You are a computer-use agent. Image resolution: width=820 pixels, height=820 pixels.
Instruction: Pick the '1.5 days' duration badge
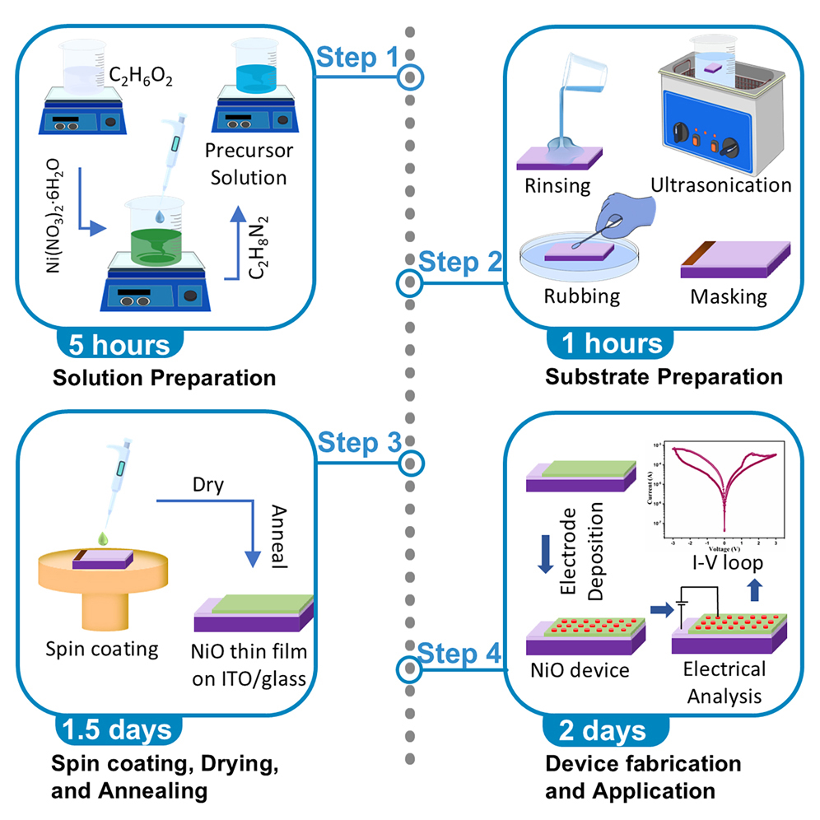(116, 729)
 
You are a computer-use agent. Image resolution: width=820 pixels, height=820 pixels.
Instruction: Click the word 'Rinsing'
(557, 185)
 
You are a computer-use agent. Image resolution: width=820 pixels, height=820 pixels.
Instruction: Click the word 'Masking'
(728, 296)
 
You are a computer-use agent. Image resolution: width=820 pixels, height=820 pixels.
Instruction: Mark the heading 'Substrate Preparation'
(664, 378)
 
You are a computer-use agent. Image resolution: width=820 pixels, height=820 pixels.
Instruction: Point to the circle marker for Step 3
(410, 461)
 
